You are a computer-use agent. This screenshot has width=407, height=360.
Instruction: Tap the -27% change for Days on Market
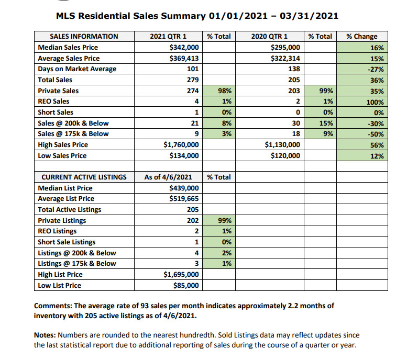pyautogui.click(x=376, y=69)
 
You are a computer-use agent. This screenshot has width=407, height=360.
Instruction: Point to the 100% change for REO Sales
pyautogui.click(x=375, y=102)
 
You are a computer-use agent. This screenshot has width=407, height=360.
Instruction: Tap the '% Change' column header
pyautogui.click(x=362, y=37)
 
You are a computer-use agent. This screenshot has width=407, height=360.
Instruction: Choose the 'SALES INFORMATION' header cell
pyautogui.click(x=84, y=37)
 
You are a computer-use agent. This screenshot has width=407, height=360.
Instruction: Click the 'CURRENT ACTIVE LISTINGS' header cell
pyautogui.click(x=84, y=177)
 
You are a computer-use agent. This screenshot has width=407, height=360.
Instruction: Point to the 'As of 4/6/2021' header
pyautogui.click(x=167, y=177)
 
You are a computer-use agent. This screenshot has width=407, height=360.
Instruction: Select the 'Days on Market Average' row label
pyautogui.click(x=77, y=69)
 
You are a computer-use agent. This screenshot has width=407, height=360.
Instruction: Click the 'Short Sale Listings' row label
pyautogui.click(x=67, y=242)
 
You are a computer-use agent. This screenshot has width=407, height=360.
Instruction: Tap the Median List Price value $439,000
pyautogui.click(x=184, y=188)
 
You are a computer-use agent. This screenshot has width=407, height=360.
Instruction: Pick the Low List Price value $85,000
pyautogui.click(x=186, y=286)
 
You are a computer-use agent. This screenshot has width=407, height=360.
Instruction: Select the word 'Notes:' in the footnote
pyautogui.click(x=45, y=335)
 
